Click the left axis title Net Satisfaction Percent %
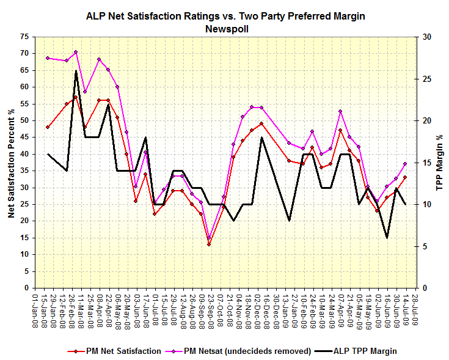(12, 163)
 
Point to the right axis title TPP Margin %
(438, 163)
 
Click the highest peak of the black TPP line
(76, 71)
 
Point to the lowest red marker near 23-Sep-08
(209, 244)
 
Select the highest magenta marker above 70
(76, 52)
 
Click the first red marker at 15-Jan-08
(48, 127)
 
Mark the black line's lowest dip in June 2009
(387, 238)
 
